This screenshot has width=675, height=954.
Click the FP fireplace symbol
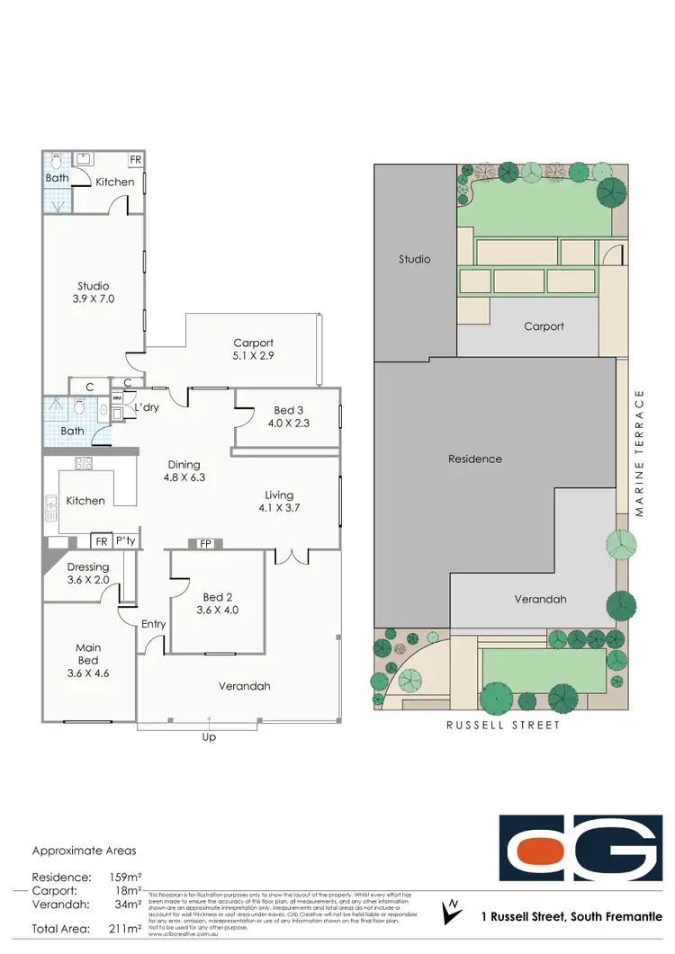[205, 543]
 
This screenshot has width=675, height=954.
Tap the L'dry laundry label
[147, 407]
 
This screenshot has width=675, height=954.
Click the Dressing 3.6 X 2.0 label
[88, 573]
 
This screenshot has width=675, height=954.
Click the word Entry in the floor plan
[154, 623]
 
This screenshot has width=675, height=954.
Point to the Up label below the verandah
[210, 737]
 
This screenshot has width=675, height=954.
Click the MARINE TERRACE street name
[640, 453]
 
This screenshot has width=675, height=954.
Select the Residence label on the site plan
[475, 459]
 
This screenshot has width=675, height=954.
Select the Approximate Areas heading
[85, 850]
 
